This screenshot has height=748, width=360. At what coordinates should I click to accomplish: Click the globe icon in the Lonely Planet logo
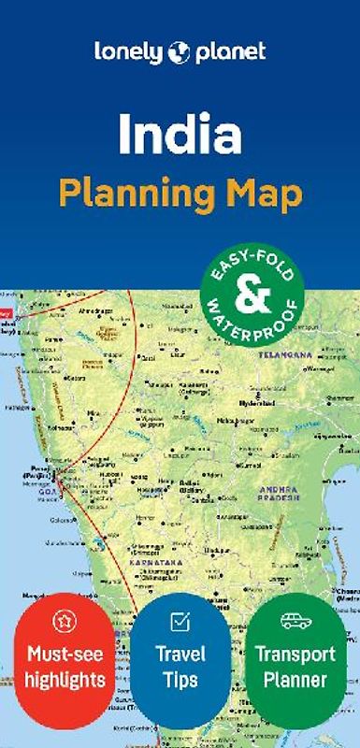pos(179,52)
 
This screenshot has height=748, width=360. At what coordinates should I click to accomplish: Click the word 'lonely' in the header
pos(129,52)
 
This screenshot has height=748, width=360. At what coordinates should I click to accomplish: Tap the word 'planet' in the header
pos(229,53)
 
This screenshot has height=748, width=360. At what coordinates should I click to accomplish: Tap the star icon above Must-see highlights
pos(65,620)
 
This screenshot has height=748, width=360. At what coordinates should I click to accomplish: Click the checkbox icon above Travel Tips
pos(180,621)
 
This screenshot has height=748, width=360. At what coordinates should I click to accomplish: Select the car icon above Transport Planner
pos(294,621)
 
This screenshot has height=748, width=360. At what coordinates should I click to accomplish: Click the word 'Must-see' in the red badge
pos(65,654)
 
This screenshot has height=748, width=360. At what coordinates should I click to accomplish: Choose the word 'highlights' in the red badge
pos(65,677)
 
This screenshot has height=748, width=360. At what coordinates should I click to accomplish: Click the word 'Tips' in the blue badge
pos(180,677)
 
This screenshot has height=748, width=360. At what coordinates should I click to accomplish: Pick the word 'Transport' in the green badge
pos(294,654)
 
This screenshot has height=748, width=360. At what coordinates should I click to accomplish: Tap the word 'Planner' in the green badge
pos(294,677)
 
